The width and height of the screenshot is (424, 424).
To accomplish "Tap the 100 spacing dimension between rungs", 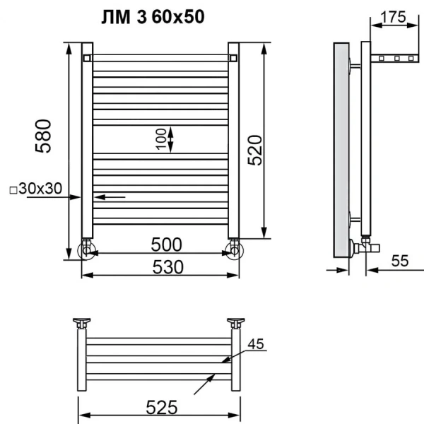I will point(160,139).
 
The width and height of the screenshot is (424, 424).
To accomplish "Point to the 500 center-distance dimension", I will point(166,245).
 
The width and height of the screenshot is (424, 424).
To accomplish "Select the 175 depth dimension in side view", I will point(392,18).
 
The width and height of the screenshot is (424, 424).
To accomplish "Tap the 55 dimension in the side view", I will point(399,261).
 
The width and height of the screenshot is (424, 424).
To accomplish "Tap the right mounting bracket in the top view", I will point(236,324).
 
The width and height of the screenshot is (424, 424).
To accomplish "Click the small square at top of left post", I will point(86,57).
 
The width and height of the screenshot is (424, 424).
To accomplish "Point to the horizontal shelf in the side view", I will point(394,57).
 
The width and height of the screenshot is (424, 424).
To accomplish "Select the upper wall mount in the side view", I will point(356,66).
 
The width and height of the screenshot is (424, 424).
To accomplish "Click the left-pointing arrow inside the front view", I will point(109,196).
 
